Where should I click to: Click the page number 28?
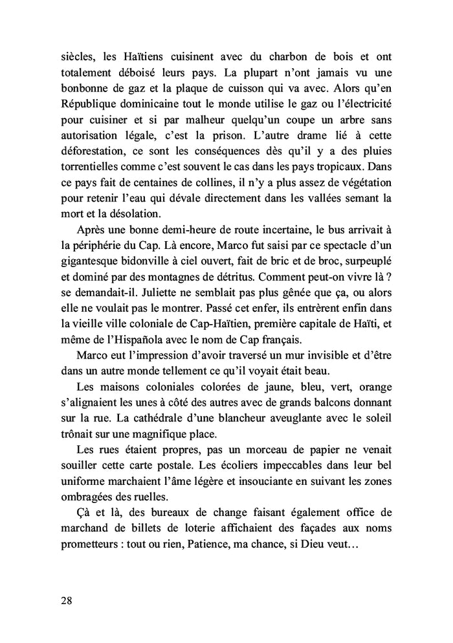click(65, 600)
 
